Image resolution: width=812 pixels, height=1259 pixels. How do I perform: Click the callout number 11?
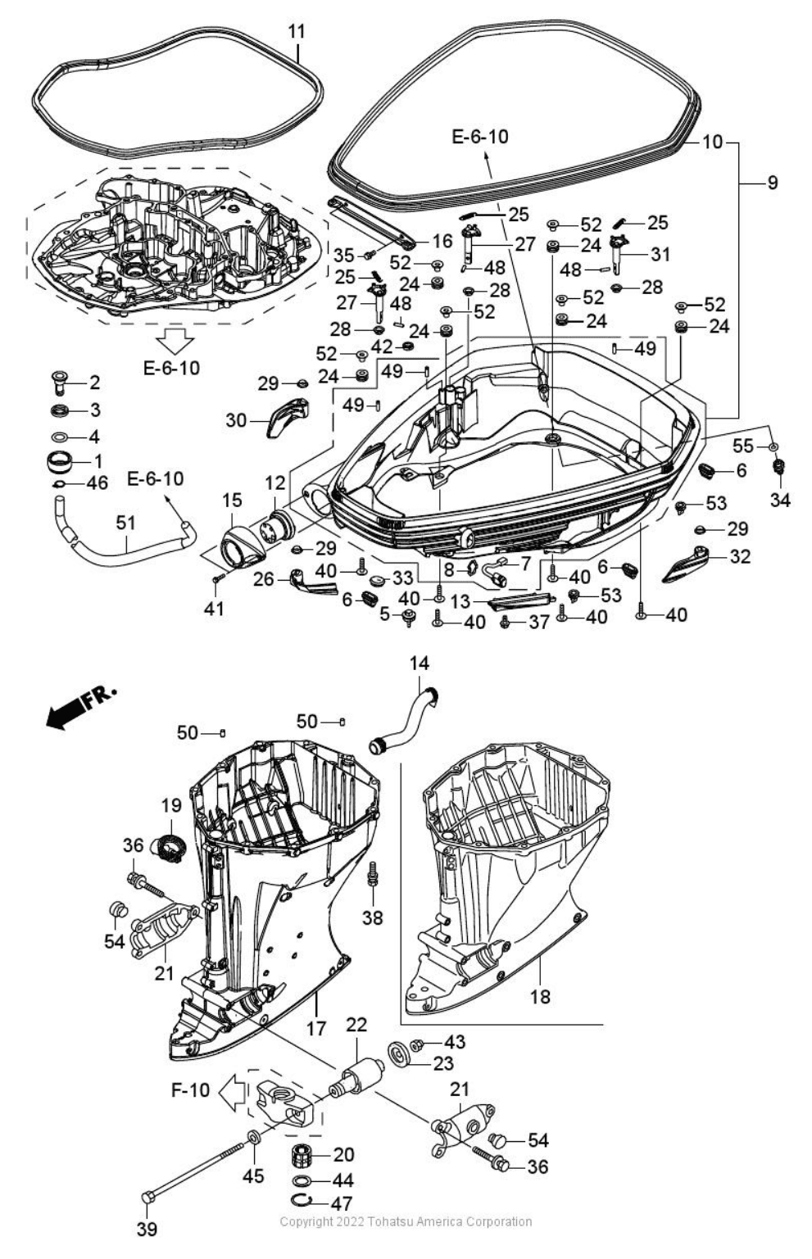point(297,31)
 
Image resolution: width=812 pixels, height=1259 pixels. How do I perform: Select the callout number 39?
point(147,1229)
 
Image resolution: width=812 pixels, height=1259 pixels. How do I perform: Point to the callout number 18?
point(540,997)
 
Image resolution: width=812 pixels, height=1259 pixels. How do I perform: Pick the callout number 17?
point(316,1027)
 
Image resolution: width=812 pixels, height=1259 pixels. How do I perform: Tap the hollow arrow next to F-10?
point(233,1091)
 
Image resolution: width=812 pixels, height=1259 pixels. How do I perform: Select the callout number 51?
point(125,523)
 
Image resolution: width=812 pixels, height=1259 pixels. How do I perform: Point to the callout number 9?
point(772,183)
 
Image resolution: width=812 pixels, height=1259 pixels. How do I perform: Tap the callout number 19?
point(170,807)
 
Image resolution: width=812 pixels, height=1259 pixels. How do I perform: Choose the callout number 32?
point(740,556)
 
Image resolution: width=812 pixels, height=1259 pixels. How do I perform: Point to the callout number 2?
point(94,382)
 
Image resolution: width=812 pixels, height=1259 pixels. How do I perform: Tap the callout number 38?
point(373,917)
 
